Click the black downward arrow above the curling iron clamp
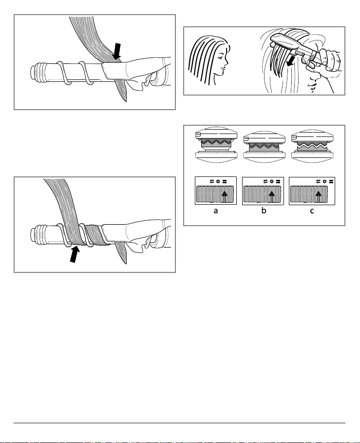116,52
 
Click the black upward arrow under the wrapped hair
74,254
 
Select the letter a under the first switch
216,211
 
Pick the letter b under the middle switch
264,211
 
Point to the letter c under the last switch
312,211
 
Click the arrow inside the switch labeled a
225,196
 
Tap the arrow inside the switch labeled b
272,196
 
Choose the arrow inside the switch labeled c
319,196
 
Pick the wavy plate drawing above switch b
265,146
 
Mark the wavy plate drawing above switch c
312,146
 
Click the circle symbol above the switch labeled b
272,181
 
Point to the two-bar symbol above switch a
225,181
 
